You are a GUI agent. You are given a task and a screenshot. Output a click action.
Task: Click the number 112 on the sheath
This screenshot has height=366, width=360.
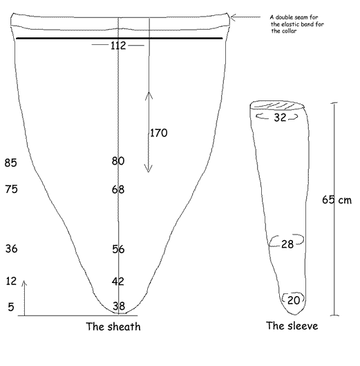coord(118,46)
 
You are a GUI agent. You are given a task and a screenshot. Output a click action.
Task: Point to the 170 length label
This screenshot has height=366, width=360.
coord(158,133)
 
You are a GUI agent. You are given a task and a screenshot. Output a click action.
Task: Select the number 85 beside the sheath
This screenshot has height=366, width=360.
coord(11,163)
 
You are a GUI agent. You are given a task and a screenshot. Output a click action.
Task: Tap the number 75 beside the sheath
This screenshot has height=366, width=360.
coord(12,189)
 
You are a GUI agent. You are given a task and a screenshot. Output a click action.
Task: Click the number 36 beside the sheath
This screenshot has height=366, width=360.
coord(12,248)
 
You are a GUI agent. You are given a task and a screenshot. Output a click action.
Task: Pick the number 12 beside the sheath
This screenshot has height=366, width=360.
coord(11,281)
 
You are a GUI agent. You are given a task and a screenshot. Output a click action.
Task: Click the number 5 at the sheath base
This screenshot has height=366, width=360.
coord(11,306)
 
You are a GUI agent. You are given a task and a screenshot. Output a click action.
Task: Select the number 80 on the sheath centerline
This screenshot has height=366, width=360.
coord(118,161)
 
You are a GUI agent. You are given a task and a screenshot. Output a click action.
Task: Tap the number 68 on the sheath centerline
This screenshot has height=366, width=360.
coord(118,190)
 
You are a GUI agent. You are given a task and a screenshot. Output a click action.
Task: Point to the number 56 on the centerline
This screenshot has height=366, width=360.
coord(118,249)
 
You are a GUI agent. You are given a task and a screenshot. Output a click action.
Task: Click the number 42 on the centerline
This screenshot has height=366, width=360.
coord(117,282)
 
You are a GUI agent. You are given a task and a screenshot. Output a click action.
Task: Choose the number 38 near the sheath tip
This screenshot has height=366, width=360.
coord(119,306)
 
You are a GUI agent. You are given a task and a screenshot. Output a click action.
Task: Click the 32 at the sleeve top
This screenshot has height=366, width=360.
coord(280,118)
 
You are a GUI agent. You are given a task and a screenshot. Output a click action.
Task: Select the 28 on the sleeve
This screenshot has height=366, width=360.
coord(287,244)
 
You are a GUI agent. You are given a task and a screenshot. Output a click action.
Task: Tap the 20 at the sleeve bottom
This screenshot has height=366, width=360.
coord(294,300)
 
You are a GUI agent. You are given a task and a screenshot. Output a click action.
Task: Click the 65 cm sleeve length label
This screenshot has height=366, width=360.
coord(337,200)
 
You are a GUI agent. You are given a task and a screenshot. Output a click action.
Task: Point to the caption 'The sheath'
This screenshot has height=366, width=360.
coord(113,327)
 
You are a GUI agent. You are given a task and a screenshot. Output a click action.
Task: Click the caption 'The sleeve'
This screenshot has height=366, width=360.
coord(292,326)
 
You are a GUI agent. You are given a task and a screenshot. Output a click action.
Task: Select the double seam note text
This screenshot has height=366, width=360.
coord(297,24)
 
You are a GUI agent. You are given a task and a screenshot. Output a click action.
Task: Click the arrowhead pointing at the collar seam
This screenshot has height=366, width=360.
coord(233,17)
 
